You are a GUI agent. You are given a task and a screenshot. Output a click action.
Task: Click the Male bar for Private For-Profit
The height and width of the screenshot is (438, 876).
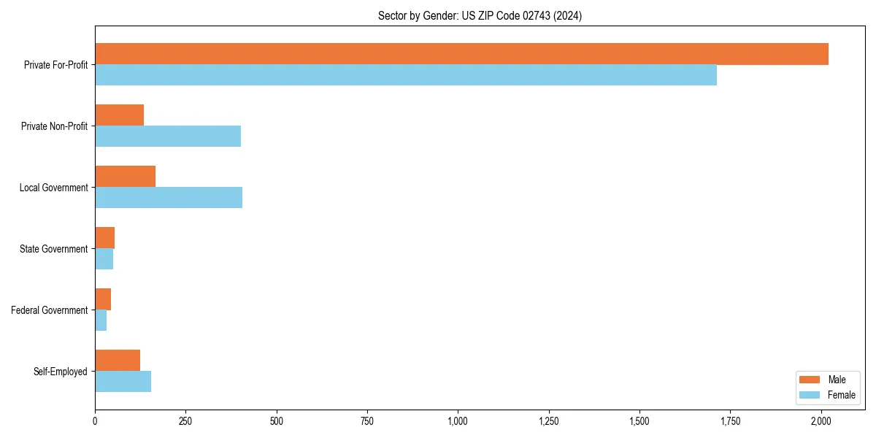(461, 54)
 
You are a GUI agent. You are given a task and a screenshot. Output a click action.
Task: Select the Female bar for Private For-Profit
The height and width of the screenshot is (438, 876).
(406, 75)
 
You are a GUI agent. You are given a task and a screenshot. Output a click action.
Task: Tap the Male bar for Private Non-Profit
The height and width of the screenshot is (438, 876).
(119, 115)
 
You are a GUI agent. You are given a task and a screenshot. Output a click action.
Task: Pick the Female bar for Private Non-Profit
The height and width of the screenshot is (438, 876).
(168, 137)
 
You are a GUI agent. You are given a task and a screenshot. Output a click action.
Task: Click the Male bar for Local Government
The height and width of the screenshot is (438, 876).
(125, 177)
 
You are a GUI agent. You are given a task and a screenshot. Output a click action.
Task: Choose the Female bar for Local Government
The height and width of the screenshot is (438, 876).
(169, 198)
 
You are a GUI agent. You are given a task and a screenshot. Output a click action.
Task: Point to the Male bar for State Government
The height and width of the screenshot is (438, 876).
(104, 238)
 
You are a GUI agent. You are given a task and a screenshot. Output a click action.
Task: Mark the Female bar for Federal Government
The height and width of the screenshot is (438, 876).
(101, 320)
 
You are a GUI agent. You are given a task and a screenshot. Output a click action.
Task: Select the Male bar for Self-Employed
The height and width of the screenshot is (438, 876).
(118, 361)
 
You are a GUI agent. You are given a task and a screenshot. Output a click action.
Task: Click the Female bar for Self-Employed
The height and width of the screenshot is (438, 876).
(123, 382)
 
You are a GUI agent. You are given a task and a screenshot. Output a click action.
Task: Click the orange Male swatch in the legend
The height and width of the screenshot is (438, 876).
(810, 380)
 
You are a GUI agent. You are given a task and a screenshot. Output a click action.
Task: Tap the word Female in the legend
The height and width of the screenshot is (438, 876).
(841, 395)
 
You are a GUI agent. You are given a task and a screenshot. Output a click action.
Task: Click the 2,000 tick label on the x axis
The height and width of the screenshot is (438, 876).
(821, 421)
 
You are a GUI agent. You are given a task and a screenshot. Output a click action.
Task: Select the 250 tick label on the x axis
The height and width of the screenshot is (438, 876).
(185, 421)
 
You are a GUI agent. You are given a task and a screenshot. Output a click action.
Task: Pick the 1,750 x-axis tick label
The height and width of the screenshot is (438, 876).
(730, 421)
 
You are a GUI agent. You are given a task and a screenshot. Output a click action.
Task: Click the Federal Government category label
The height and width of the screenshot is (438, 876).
(50, 310)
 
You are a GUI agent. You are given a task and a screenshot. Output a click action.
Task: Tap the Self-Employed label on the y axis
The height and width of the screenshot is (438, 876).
(61, 372)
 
